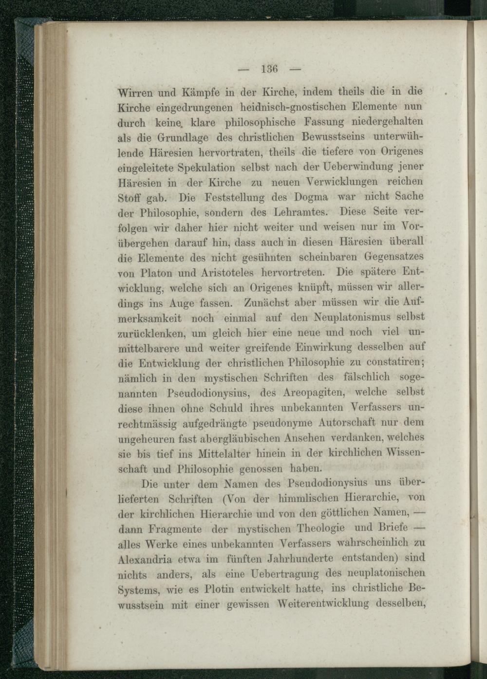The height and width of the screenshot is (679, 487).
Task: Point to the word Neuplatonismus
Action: coord(349,317)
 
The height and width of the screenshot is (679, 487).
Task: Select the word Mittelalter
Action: coord(224,453)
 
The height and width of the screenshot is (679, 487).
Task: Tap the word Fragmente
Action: coord(174,529)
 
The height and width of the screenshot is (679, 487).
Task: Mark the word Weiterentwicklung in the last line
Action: coord(323,604)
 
